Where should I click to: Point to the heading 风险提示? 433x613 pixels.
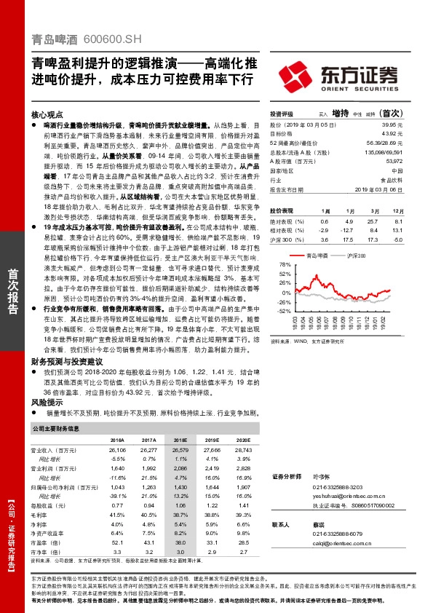tap(47, 402)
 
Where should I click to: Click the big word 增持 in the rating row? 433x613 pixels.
tap(340, 114)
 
